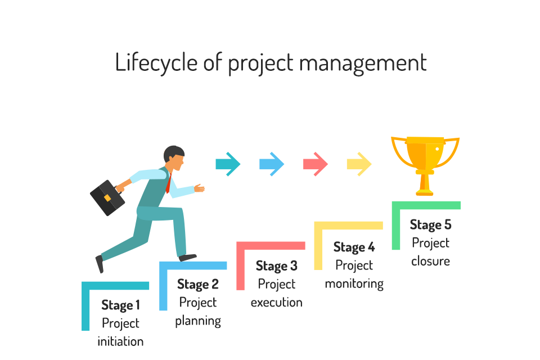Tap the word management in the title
point(363,62)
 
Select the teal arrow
point(228,164)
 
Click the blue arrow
point(272,164)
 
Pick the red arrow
point(316,164)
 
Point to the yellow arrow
point(359,164)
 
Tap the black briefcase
point(107,197)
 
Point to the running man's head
point(174,158)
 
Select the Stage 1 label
point(120,305)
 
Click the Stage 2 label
point(197,284)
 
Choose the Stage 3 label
point(276,265)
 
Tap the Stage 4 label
point(354,247)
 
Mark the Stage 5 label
point(430,225)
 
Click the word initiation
point(120,341)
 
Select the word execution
point(276,303)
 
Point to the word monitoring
point(354,283)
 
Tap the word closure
point(430,261)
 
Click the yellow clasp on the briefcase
point(107,198)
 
